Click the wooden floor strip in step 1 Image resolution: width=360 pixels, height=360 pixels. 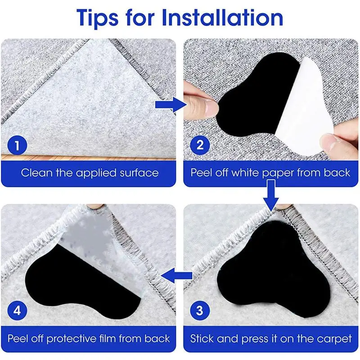(90, 157)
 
